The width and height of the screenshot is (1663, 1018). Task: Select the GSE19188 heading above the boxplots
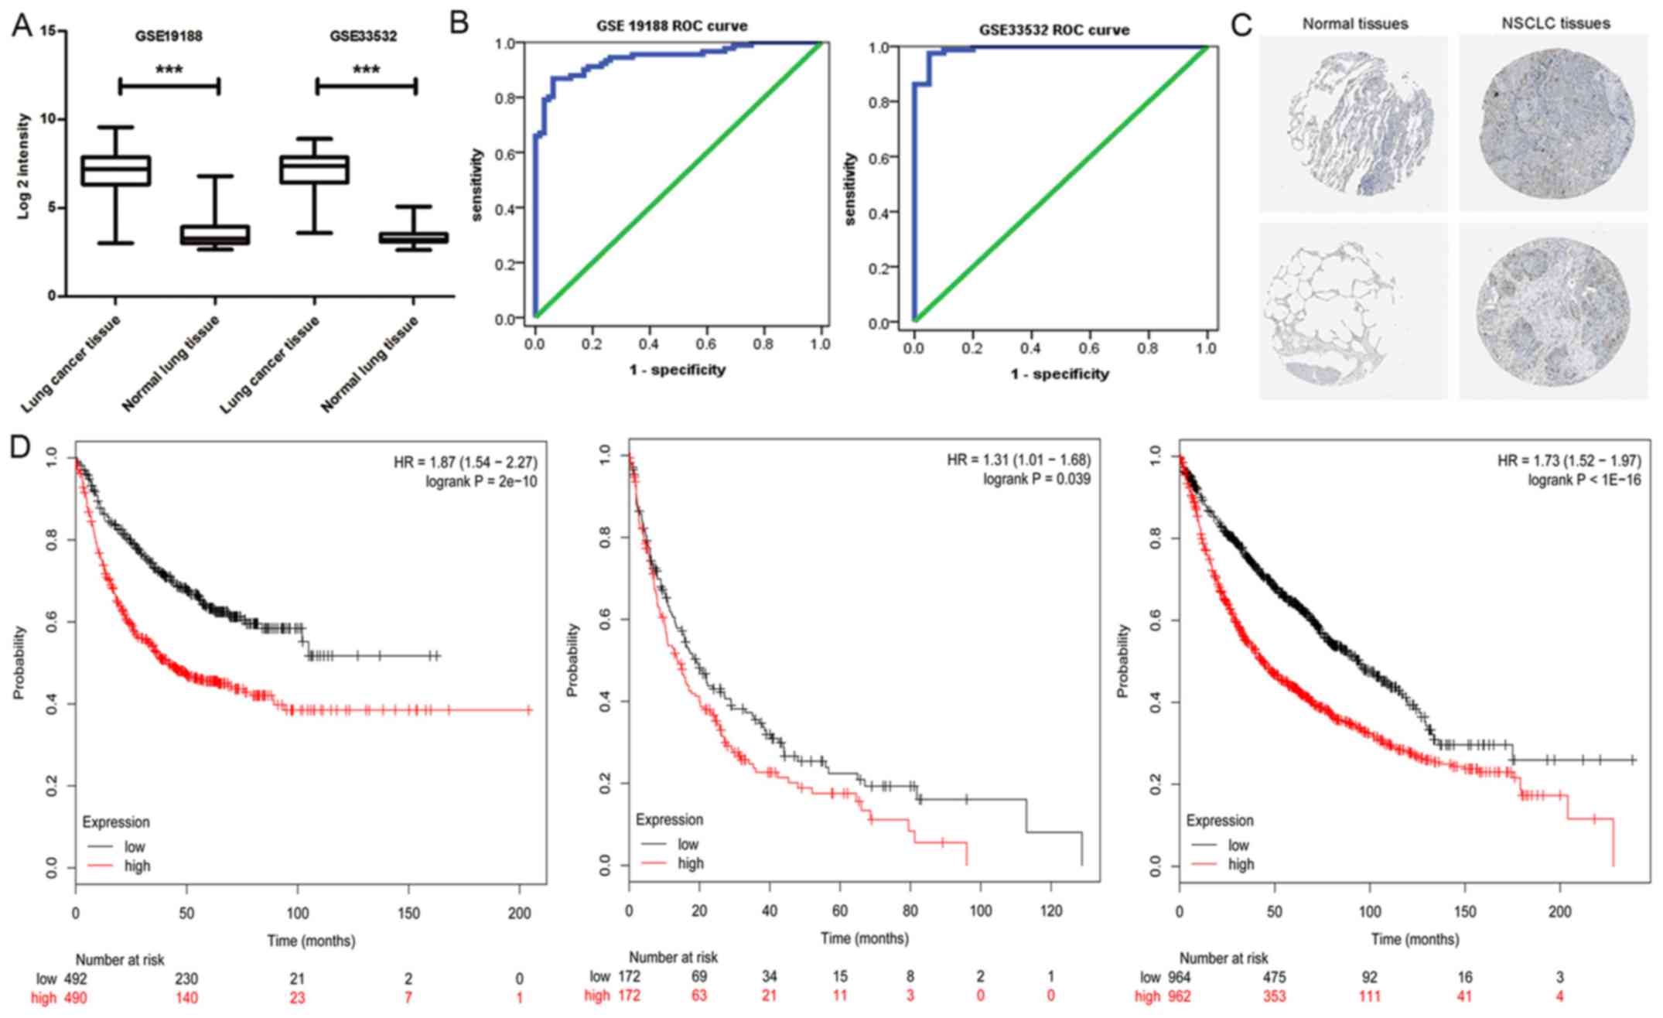click(168, 36)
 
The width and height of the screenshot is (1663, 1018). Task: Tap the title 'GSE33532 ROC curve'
click(1053, 30)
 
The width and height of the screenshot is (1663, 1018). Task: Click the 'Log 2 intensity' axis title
click(23, 166)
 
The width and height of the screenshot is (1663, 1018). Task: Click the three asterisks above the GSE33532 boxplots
click(366, 70)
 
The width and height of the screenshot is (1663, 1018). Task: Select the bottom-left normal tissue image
click(1353, 312)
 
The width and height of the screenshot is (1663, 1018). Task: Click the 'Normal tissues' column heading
click(1355, 24)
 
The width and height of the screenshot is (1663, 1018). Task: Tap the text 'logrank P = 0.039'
click(1036, 480)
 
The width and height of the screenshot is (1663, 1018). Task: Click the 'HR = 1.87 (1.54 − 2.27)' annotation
click(465, 463)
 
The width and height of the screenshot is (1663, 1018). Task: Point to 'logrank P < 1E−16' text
click(1584, 480)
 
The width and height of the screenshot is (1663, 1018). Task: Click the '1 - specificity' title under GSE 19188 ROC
click(678, 369)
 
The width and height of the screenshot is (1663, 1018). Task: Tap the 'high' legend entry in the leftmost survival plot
click(137, 866)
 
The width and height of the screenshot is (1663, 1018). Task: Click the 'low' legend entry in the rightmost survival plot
click(1238, 845)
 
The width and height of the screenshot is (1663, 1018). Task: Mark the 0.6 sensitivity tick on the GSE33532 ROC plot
click(880, 157)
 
